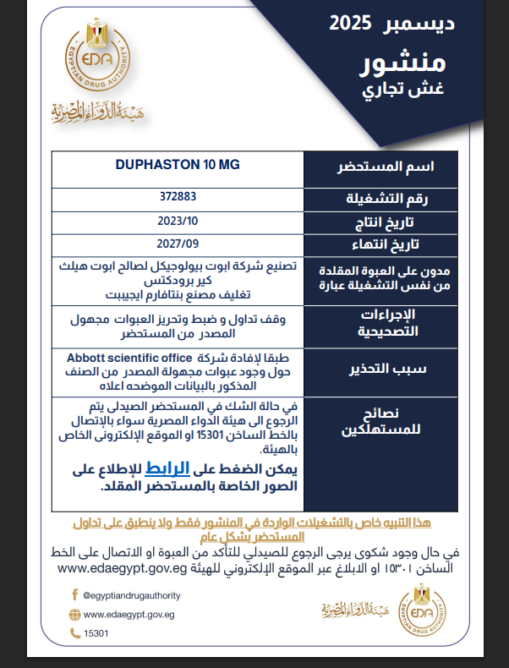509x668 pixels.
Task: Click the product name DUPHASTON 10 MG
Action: (177, 164)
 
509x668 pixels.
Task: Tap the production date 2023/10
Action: (177, 222)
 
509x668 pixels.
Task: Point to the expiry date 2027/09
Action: (177, 245)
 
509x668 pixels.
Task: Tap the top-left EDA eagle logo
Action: (95, 59)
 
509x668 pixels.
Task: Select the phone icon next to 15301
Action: (74, 632)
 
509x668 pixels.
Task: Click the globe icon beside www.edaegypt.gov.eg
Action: (74, 615)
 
